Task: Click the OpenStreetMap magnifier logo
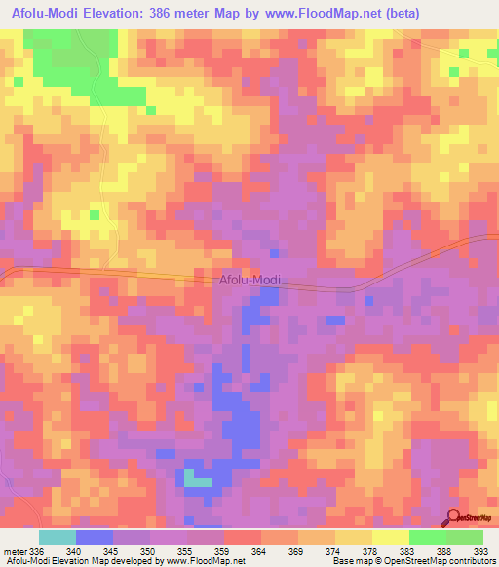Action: (x=453, y=518)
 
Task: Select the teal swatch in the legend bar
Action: (x=57, y=537)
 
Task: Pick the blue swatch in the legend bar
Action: (x=95, y=537)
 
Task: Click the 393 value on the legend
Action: (x=480, y=551)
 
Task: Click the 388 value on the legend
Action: (x=444, y=551)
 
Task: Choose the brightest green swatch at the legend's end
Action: (x=464, y=537)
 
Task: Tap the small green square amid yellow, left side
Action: (x=95, y=214)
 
